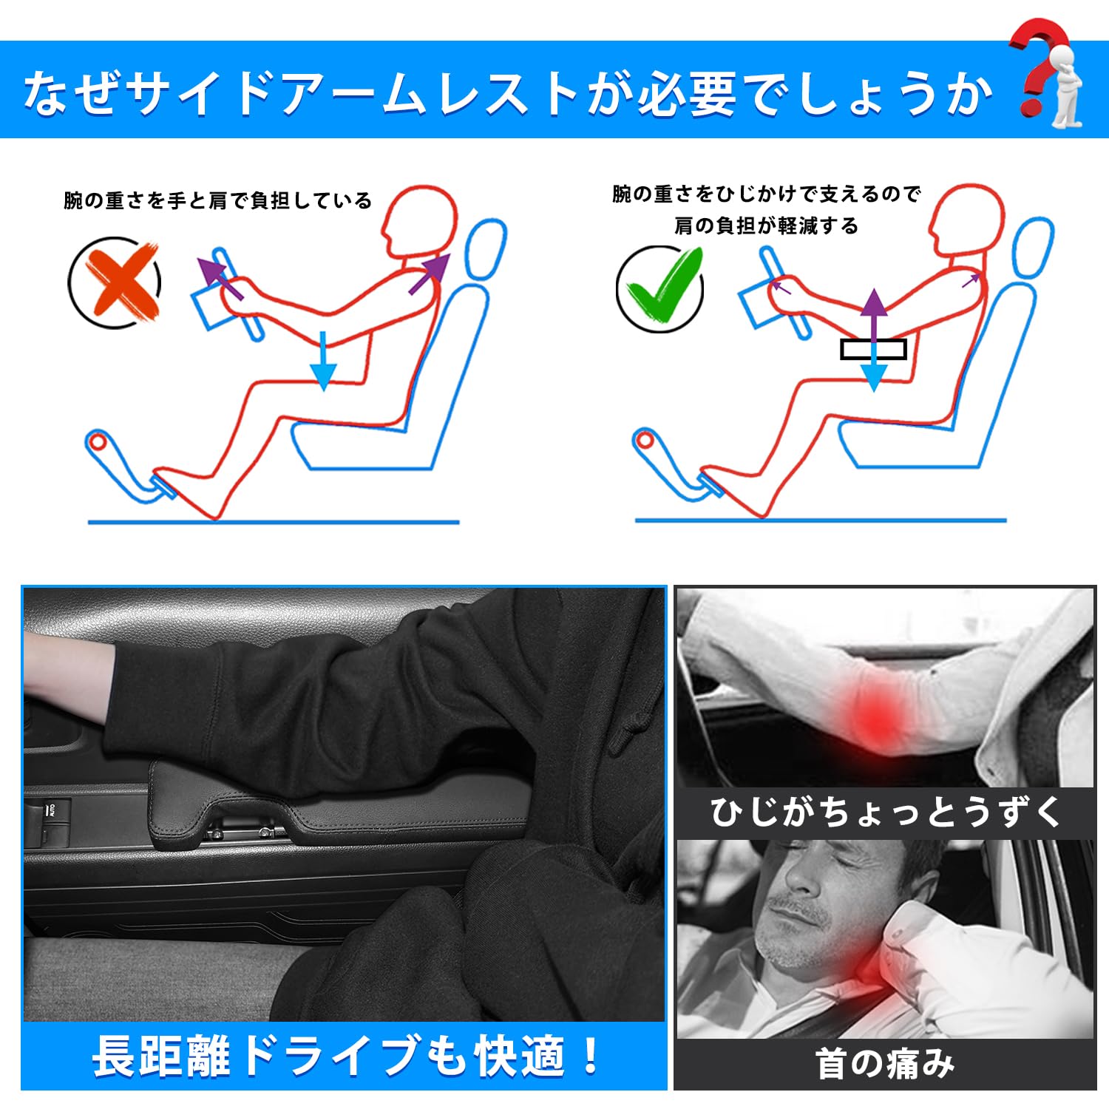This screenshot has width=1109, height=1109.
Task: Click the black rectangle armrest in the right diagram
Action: (873, 349)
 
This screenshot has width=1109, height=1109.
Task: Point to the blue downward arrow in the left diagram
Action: (323, 360)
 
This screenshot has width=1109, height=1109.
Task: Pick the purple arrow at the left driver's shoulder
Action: (429, 274)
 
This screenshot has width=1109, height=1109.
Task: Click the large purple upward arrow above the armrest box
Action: (874, 315)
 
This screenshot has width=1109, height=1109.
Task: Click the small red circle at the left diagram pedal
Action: (98, 442)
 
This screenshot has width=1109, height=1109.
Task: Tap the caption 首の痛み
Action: (885, 1064)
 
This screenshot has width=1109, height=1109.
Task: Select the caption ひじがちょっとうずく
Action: (885, 812)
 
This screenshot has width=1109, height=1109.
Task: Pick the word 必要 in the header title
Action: (687, 94)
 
